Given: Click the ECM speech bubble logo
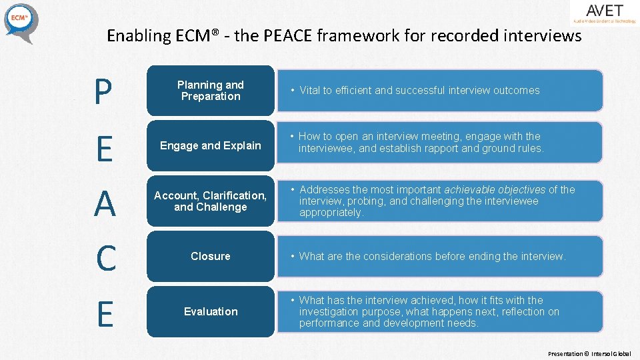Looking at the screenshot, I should click(x=21, y=22).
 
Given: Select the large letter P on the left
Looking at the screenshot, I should click(x=103, y=93).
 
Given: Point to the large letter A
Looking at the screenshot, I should click(x=104, y=204).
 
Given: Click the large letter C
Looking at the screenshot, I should click(x=105, y=259).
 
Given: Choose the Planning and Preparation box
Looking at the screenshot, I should click(x=210, y=91).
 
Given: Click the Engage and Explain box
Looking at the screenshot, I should click(x=210, y=145).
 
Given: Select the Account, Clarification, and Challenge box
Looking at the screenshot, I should click(x=210, y=201).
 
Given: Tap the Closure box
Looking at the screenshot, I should click(x=210, y=256).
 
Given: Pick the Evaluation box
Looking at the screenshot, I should click(x=210, y=311).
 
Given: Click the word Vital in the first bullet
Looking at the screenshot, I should click(x=309, y=91).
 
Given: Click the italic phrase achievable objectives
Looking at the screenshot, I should click(x=495, y=190).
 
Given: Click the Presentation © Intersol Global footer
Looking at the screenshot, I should click(x=589, y=353).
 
